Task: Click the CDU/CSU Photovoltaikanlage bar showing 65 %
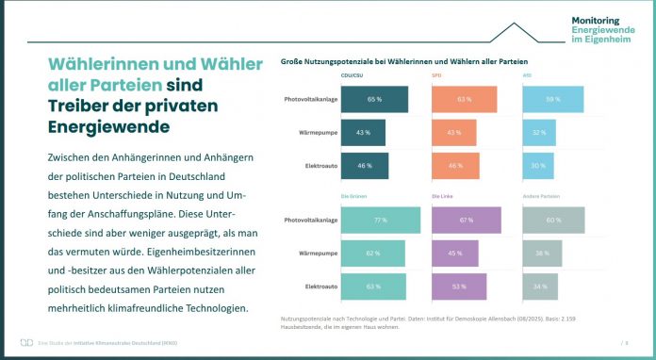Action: pos(374,99)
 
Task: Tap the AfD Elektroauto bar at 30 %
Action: pos(536,166)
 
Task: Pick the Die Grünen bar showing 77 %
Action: pos(381,220)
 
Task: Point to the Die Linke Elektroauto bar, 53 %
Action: pos(459,286)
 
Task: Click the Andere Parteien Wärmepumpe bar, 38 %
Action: pos(542,253)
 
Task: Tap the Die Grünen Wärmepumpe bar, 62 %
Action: pos(372,253)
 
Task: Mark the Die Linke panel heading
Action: pos(444,196)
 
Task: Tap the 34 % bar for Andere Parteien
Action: pos(540,286)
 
